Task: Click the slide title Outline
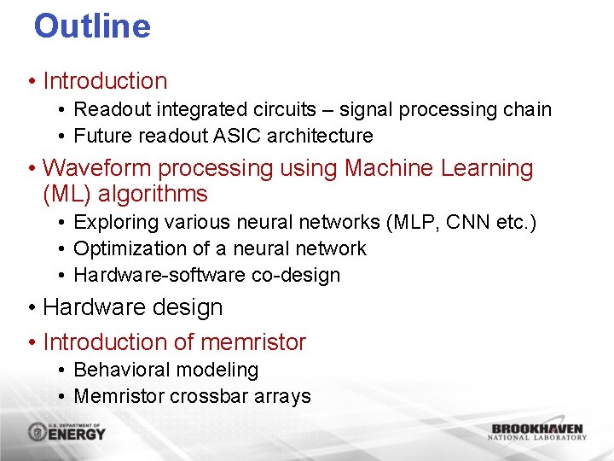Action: pyautogui.click(x=92, y=26)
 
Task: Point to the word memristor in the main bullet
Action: pyautogui.click(x=253, y=341)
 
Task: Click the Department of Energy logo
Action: pyautogui.click(x=67, y=431)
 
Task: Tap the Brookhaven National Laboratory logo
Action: pyautogui.click(x=537, y=431)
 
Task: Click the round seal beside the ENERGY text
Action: pyautogui.click(x=38, y=432)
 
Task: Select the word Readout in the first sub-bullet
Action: pyautogui.click(x=108, y=109)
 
